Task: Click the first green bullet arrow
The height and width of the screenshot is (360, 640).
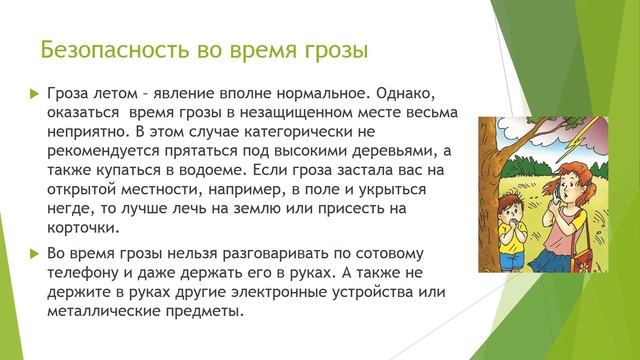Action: (x=30, y=92)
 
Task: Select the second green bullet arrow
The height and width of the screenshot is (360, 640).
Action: (x=30, y=254)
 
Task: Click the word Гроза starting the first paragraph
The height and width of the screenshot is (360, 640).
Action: (x=69, y=92)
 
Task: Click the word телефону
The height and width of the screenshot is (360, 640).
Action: (x=86, y=273)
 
